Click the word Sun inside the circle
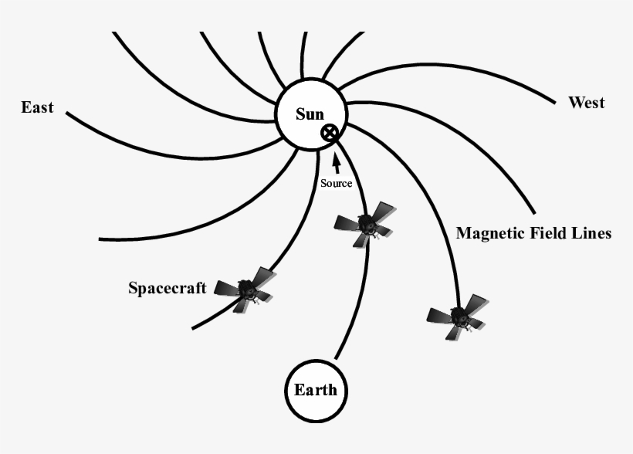pos(310,114)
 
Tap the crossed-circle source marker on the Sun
pos(330,133)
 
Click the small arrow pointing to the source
pos(336,163)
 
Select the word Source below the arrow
pos(336,183)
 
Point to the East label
pos(37,107)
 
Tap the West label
pos(586,103)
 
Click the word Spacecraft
pos(167,289)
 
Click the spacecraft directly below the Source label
pos(364,225)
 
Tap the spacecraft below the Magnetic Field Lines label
pos(458,317)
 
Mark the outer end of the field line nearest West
pos(553,102)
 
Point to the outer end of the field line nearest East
pos(67,114)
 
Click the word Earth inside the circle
pos(315,389)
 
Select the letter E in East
pos(25,107)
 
